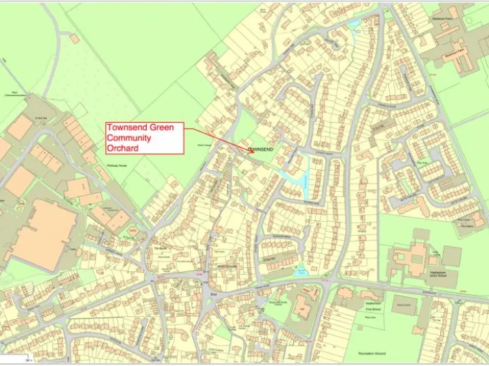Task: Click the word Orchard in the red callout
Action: pos(122,148)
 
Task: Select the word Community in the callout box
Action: pos(129,138)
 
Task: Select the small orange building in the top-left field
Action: pos(74,39)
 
